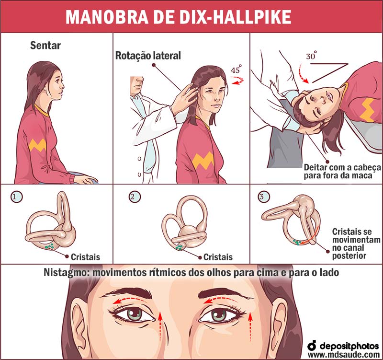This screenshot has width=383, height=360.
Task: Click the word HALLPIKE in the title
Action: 250,17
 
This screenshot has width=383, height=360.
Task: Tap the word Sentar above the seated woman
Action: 45,46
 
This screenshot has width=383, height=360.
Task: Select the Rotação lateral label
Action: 148,56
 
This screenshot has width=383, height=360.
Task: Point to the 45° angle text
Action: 236,70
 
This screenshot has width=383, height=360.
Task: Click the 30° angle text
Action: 312,55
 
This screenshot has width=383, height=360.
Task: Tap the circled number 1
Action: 16,197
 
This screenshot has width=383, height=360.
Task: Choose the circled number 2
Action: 135,197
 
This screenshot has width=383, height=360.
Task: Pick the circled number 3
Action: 264,196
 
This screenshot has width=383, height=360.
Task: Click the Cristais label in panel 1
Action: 86,257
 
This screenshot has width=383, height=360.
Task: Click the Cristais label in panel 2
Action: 218,257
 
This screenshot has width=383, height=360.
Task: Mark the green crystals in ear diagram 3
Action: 297,243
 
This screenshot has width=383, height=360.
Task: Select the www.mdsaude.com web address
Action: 344,354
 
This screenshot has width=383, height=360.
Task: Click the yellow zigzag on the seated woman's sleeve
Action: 37,145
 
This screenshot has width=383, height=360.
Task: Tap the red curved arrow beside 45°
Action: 237,80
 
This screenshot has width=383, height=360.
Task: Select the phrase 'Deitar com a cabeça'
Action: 342,167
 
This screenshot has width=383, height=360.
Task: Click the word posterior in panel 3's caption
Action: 349,256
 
